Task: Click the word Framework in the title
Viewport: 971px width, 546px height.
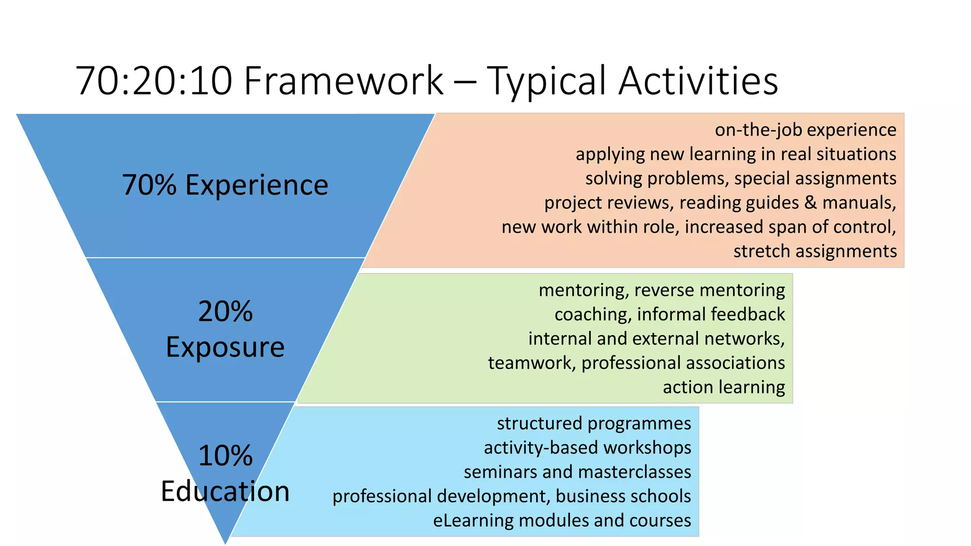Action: point(343,81)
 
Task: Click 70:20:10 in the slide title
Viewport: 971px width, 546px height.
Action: point(154,81)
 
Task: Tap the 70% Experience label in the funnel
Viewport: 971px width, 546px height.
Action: point(225,185)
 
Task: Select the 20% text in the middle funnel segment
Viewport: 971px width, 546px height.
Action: point(225,312)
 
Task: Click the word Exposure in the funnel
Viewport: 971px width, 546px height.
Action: point(225,347)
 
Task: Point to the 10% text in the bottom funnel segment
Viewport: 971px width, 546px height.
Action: point(225,456)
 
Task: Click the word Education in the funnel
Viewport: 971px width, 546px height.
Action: point(225,491)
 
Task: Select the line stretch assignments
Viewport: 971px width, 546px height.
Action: point(815,251)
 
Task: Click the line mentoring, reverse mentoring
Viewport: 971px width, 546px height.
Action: point(661,290)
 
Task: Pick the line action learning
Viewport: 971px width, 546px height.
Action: point(724,387)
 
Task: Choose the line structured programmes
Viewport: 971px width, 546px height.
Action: point(594,423)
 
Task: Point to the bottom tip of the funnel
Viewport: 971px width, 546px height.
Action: point(225,543)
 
